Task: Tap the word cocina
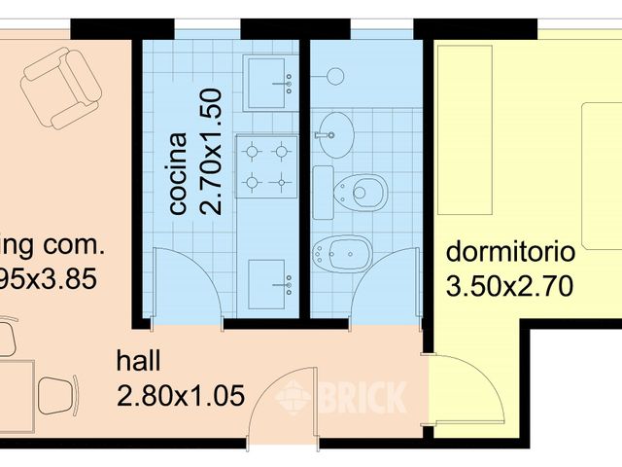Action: pyautogui.click(x=179, y=172)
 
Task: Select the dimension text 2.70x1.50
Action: pyautogui.click(x=213, y=151)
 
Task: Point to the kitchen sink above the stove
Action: pyautogui.click(x=266, y=84)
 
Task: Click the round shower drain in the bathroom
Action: pyautogui.click(x=334, y=76)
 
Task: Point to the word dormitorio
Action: pyautogui.click(x=510, y=253)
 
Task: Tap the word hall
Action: pyautogui.click(x=138, y=362)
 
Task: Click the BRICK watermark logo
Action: pyautogui.click(x=341, y=396)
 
